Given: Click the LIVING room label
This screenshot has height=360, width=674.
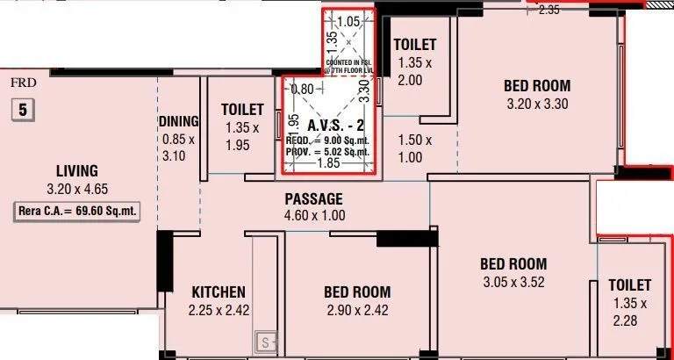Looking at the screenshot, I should click(x=77, y=171).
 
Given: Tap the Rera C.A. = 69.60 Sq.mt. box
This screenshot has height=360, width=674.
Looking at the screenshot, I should click(x=78, y=211).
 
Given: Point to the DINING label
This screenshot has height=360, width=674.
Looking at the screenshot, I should click(x=179, y=121).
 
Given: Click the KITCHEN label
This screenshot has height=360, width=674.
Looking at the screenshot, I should click(x=219, y=292).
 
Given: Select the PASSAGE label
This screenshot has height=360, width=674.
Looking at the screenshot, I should click(x=313, y=199).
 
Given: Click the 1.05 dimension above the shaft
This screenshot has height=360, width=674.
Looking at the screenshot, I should click(x=348, y=21).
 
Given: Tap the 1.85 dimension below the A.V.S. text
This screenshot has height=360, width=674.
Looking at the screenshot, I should click(x=328, y=163).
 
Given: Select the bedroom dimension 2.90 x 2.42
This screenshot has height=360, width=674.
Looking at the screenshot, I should click(x=356, y=310).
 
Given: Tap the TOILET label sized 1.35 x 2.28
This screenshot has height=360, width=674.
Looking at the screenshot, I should click(x=630, y=285).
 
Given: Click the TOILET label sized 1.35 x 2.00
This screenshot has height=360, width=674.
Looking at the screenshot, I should click(x=415, y=45).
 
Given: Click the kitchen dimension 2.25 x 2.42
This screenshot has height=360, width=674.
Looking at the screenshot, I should click(x=219, y=310).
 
